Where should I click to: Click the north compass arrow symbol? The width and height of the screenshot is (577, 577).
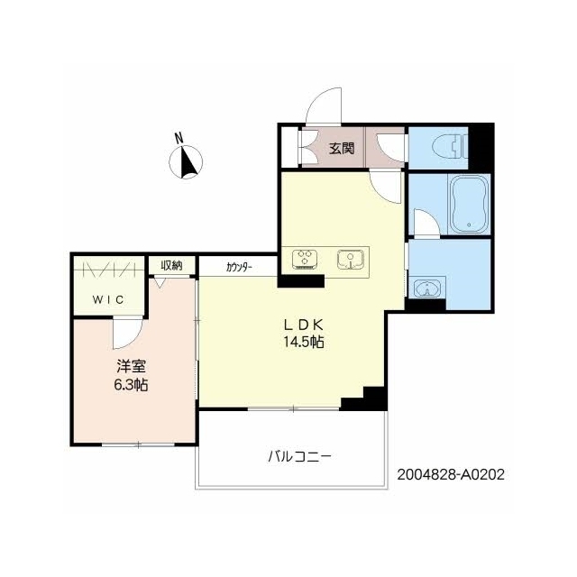186,162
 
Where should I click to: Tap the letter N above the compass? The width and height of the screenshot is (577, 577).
179,138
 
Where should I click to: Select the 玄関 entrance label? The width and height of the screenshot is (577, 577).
342,148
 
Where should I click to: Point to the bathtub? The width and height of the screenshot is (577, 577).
469,205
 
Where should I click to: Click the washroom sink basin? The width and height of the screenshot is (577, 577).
427,288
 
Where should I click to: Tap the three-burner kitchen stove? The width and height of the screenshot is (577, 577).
305,259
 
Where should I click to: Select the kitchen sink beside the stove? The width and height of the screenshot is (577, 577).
351,259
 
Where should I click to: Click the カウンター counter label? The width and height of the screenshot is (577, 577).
239,267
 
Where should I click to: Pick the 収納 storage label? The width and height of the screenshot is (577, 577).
171,265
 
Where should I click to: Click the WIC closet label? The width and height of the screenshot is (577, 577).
108,299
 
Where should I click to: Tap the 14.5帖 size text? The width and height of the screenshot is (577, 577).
304,343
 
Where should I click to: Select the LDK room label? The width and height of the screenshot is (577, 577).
304,325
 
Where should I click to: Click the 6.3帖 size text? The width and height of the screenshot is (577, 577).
131,385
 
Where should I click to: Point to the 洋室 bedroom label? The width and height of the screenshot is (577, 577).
131,367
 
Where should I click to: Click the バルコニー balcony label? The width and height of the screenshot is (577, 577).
299,457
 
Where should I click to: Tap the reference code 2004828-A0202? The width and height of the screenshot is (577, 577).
451,475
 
